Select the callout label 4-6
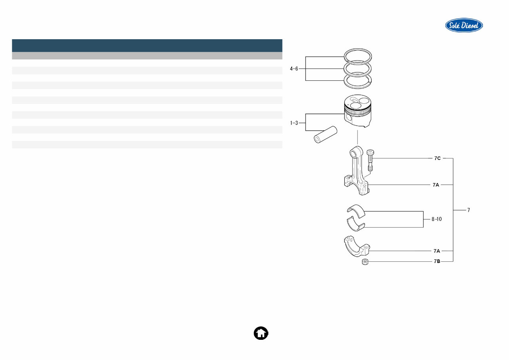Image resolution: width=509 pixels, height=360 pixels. click(x=294, y=69)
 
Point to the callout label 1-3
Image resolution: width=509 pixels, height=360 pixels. click(x=294, y=123)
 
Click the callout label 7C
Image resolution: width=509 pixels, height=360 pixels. click(x=437, y=158)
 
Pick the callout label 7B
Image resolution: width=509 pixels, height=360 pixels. click(x=437, y=261)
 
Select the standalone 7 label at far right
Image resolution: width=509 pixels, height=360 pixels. click(x=469, y=210)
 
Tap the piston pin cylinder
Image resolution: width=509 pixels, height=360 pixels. click(x=325, y=135)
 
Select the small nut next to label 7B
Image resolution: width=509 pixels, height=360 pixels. click(x=365, y=262)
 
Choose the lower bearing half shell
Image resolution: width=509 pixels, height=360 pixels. click(x=355, y=224)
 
